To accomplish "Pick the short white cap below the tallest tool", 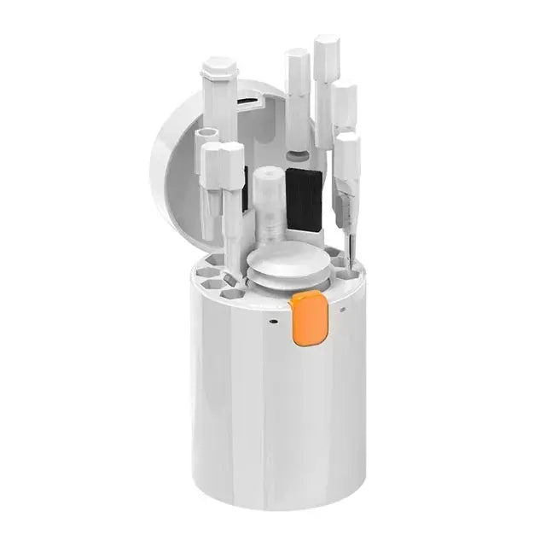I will pyautogui.click(x=344, y=102).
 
